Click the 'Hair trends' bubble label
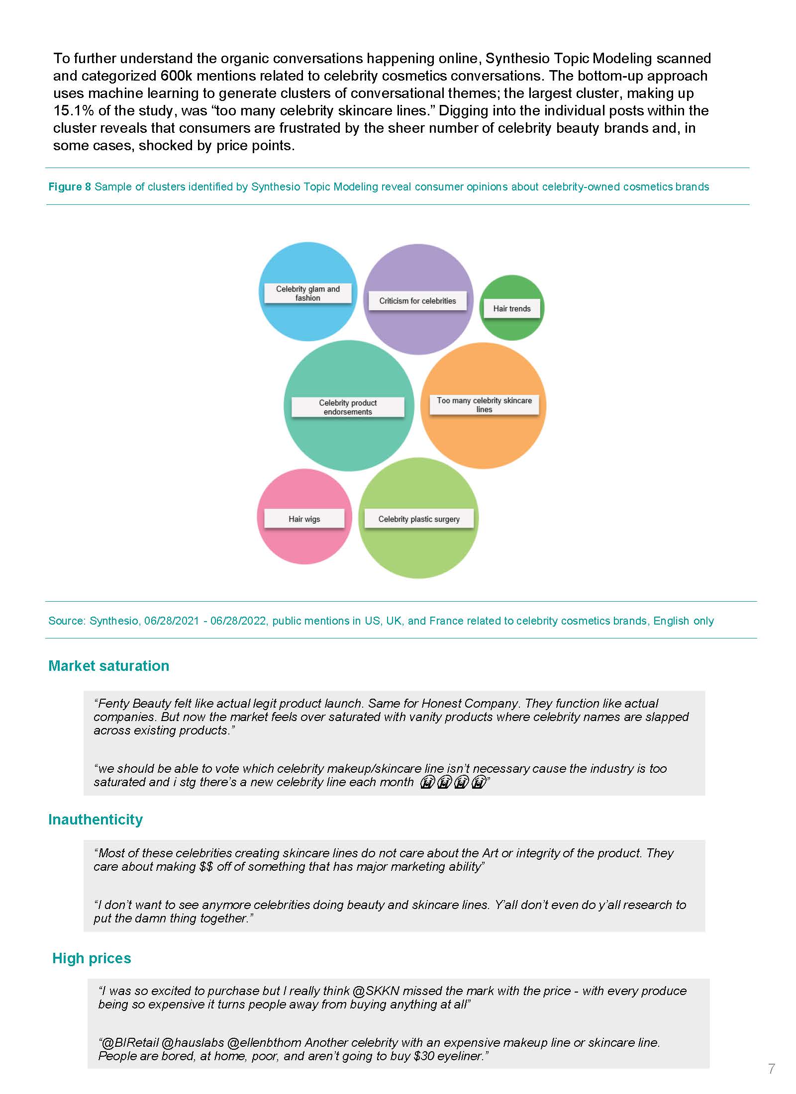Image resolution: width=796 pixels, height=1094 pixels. click(512, 308)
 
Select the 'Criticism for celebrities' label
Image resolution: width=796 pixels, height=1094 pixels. click(417, 301)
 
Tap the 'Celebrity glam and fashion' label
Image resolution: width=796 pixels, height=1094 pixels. click(307, 293)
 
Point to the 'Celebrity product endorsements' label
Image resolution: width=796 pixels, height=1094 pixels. click(348, 407)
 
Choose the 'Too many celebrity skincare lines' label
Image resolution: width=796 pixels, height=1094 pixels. click(484, 405)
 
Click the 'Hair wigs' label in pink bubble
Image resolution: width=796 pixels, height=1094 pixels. click(304, 519)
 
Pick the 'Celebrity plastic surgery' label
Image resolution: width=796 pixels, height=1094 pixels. click(419, 519)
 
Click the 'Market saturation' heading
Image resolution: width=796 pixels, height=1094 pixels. click(108, 666)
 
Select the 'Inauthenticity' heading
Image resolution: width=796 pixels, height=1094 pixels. click(96, 819)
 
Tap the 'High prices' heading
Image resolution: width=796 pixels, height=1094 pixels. click(92, 958)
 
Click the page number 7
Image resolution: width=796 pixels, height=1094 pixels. click(771, 1068)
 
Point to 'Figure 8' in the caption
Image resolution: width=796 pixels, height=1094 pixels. click(70, 187)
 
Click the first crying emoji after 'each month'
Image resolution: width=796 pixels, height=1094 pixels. click(427, 783)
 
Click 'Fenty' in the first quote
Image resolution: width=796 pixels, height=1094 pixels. click(114, 703)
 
